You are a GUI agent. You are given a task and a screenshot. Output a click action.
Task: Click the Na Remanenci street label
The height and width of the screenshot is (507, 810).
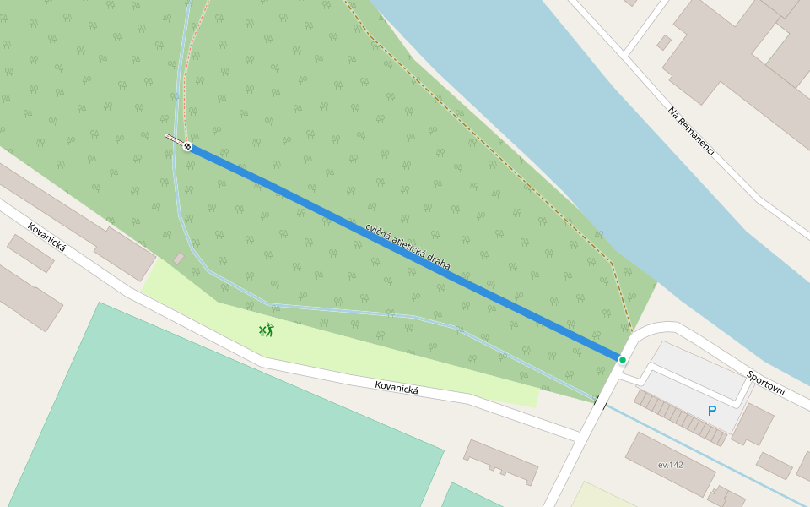click(x=691, y=131)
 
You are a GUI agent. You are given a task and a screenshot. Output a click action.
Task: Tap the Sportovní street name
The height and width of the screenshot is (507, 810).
click(x=766, y=383)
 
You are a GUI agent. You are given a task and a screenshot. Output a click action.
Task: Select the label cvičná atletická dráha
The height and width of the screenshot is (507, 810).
click(x=408, y=247)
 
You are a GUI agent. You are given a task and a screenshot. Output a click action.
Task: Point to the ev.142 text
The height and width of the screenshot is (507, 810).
click(x=671, y=465)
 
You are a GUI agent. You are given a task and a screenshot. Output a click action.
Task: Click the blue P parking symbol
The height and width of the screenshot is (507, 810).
click(x=712, y=411)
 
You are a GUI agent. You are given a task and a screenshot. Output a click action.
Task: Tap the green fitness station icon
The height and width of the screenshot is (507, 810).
click(x=267, y=330)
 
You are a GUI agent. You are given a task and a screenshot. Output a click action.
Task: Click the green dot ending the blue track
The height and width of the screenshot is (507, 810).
click(x=623, y=360)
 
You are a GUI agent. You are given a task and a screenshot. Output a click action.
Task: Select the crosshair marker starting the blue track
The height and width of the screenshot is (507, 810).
click(x=187, y=147)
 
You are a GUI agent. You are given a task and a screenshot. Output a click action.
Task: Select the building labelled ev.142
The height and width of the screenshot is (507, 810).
click(x=670, y=464)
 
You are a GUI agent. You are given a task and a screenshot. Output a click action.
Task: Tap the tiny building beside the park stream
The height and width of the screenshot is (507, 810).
click(x=179, y=258)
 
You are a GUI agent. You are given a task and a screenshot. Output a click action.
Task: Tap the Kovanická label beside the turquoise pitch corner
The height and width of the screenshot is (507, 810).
click(x=46, y=237)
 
